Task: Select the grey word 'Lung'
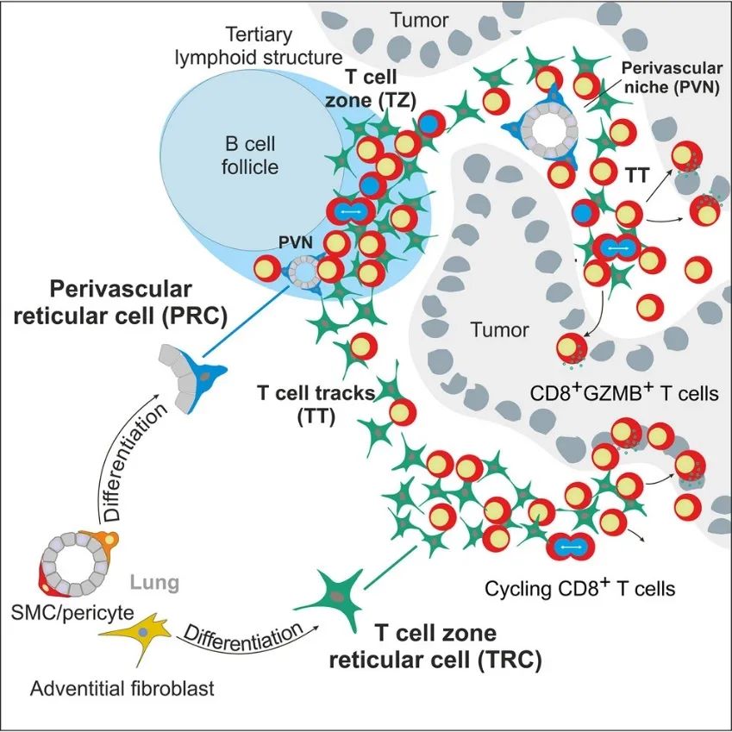(155, 583)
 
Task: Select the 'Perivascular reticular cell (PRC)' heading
(138, 301)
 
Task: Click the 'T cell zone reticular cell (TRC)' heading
(437, 648)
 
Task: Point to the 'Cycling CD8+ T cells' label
(579, 589)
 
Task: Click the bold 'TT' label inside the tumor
(635, 175)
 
